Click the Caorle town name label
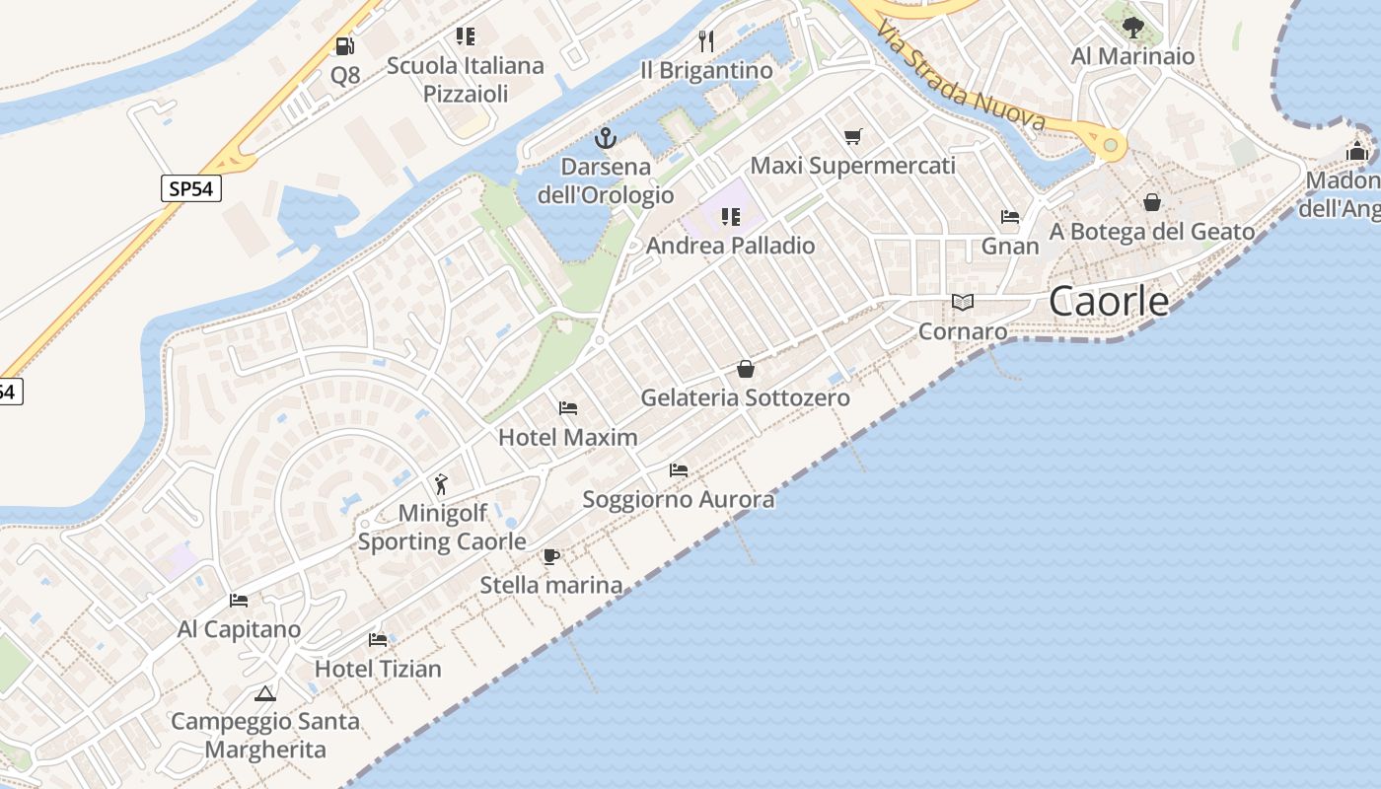(x=1109, y=301)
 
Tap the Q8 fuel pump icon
(x=344, y=45)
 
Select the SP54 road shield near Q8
(x=191, y=188)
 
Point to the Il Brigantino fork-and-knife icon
(x=706, y=40)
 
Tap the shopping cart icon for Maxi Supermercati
(x=853, y=136)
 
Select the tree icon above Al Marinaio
(x=1133, y=27)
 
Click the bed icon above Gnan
(x=1009, y=216)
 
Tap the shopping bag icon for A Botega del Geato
(x=1152, y=202)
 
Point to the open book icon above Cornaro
(x=963, y=302)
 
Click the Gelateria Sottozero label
(x=745, y=397)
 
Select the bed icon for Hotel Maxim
(x=568, y=407)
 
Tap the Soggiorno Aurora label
(x=679, y=499)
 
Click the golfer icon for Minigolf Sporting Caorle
(x=441, y=484)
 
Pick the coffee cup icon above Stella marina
(x=551, y=556)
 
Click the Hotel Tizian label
(x=378, y=669)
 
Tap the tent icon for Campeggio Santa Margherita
(x=264, y=693)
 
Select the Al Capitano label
(x=239, y=628)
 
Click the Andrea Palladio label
(x=730, y=246)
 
